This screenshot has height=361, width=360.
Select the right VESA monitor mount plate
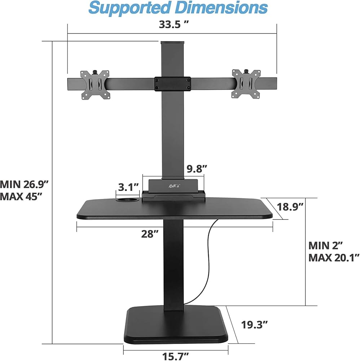pos(246,84)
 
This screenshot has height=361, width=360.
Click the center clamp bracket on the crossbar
pos(173,84)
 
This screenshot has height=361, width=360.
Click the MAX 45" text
pos(21,196)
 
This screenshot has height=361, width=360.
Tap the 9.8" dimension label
pos(197,169)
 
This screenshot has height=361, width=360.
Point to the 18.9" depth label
pos(290,207)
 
